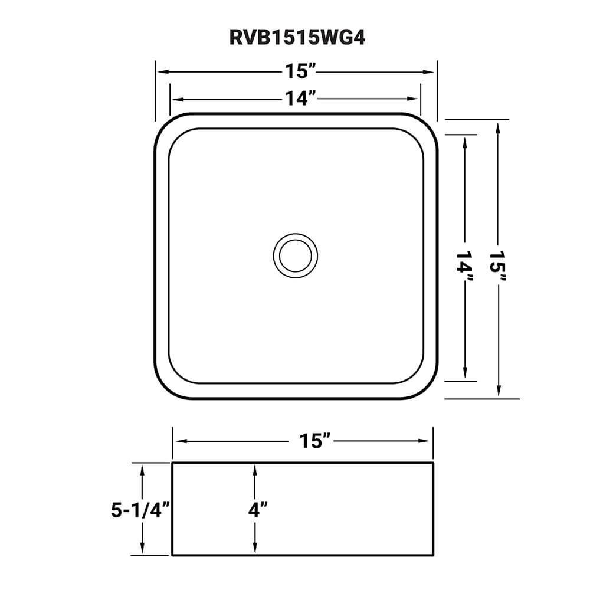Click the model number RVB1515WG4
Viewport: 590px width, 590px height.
point(295,38)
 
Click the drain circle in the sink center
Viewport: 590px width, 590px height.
point(295,255)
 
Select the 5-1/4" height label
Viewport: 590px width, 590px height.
point(140,510)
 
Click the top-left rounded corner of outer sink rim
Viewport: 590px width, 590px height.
point(163,122)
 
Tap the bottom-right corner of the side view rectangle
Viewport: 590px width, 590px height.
point(434,555)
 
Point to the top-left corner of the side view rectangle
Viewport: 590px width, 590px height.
point(172,464)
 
